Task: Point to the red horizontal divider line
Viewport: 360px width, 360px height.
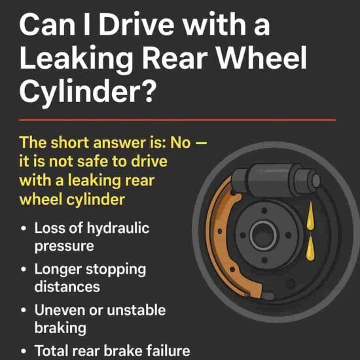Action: (x=177, y=120)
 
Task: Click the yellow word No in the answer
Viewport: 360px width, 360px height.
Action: (x=185, y=143)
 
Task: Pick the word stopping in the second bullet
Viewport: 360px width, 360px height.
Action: (x=115, y=270)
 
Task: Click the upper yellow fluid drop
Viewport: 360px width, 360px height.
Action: (x=310, y=217)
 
